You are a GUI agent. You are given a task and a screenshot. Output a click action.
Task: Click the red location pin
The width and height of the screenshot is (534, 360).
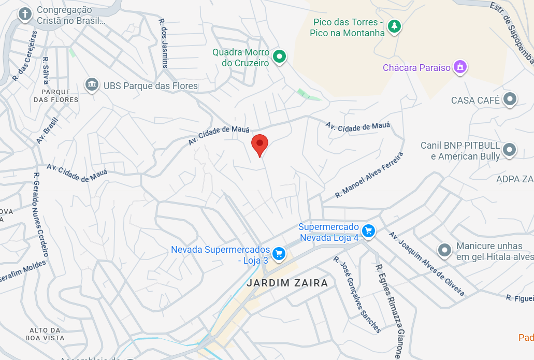(x=259, y=143)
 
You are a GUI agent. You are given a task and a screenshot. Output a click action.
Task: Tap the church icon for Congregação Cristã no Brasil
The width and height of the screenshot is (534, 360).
(x=25, y=15)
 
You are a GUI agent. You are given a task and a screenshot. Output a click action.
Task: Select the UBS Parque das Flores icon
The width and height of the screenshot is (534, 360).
(x=92, y=84)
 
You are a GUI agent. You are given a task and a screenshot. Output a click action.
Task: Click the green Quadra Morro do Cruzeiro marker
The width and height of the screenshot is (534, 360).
(x=280, y=56)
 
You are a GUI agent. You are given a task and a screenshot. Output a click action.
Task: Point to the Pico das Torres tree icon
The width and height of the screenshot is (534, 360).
(x=395, y=26)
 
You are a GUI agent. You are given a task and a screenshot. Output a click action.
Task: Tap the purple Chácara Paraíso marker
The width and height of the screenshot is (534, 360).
(x=459, y=67)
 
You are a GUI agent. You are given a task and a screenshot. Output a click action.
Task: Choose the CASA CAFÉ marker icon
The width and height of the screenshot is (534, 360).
(x=510, y=99)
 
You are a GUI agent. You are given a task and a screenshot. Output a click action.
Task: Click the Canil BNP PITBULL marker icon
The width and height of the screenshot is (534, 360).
(x=510, y=150)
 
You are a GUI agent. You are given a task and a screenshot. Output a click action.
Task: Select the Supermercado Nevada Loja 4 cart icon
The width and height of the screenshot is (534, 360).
(x=368, y=231)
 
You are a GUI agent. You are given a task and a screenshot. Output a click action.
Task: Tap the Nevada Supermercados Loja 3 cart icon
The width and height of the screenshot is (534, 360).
(x=279, y=253)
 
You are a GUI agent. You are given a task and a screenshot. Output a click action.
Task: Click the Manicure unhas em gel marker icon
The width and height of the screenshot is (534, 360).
(x=444, y=251)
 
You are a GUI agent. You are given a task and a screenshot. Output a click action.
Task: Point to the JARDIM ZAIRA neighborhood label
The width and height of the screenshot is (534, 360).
(x=287, y=283)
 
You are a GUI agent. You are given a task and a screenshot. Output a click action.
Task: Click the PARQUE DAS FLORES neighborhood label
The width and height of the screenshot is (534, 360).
(x=56, y=96)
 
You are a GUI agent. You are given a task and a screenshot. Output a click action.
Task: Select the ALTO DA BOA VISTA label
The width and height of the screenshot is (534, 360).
(x=45, y=334)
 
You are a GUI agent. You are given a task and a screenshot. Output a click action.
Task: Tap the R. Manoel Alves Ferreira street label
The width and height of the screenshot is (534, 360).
(x=369, y=176)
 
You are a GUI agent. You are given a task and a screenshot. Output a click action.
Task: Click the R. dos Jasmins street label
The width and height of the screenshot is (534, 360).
(x=164, y=44)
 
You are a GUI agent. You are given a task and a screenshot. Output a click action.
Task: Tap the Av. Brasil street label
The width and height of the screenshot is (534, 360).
(x=47, y=130)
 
